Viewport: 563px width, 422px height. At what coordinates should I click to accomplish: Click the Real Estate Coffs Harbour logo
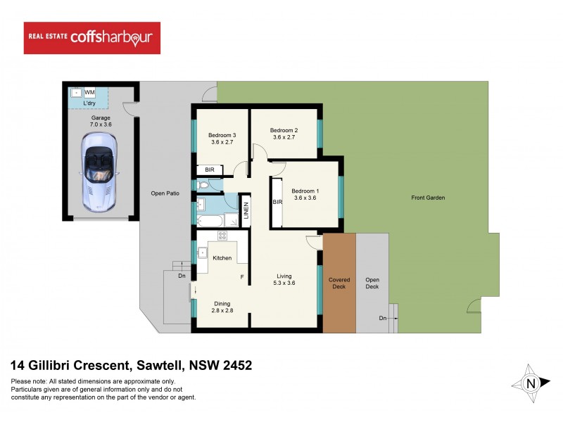(x=92, y=38)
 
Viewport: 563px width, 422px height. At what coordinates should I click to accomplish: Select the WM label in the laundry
(x=89, y=92)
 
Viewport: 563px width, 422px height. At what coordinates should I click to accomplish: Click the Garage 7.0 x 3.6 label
(x=100, y=120)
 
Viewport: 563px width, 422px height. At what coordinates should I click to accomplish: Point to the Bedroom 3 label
(x=222, y=138)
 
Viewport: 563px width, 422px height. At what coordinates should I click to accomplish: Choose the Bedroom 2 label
(x=286, y=133)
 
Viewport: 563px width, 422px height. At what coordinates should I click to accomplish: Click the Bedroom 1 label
(x=305, y=195)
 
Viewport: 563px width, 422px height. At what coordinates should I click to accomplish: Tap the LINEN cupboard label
(x=246, y=210)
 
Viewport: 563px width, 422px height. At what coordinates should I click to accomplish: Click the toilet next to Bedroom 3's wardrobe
(x=203, y=185)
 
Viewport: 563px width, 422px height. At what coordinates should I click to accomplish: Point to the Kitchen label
(x=222, y=258)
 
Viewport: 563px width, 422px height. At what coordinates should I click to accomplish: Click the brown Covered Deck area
(x=339, y=283)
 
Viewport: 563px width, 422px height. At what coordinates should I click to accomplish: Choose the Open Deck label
(x=372, y=283)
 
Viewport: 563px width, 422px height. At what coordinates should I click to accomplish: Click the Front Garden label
(x=428, y=198)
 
